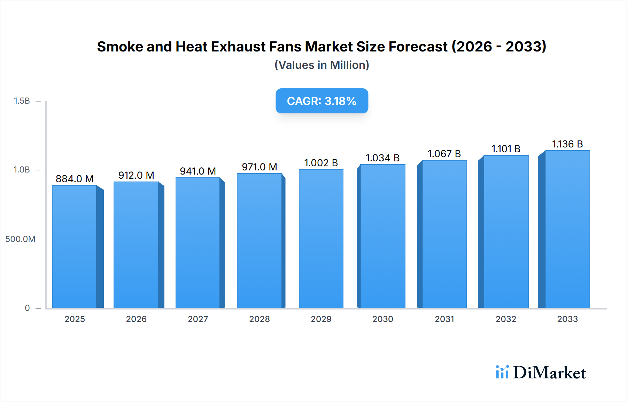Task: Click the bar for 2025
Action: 75,247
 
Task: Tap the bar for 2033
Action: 567,230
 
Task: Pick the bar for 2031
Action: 444,234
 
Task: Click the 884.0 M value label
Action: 75,179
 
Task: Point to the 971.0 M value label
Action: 260,167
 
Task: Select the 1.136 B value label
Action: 567,144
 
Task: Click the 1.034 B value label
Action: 382,158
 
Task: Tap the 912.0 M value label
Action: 136,175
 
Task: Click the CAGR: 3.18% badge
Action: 322,101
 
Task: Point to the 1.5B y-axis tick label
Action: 22,101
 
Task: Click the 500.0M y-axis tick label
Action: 20,239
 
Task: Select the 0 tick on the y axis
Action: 27,308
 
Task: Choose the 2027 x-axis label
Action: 198,319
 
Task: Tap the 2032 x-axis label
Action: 506,319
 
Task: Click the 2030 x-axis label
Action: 382,319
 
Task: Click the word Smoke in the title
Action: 120,47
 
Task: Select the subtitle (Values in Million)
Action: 322,65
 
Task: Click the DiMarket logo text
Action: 549,373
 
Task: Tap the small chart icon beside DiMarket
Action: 502,372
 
